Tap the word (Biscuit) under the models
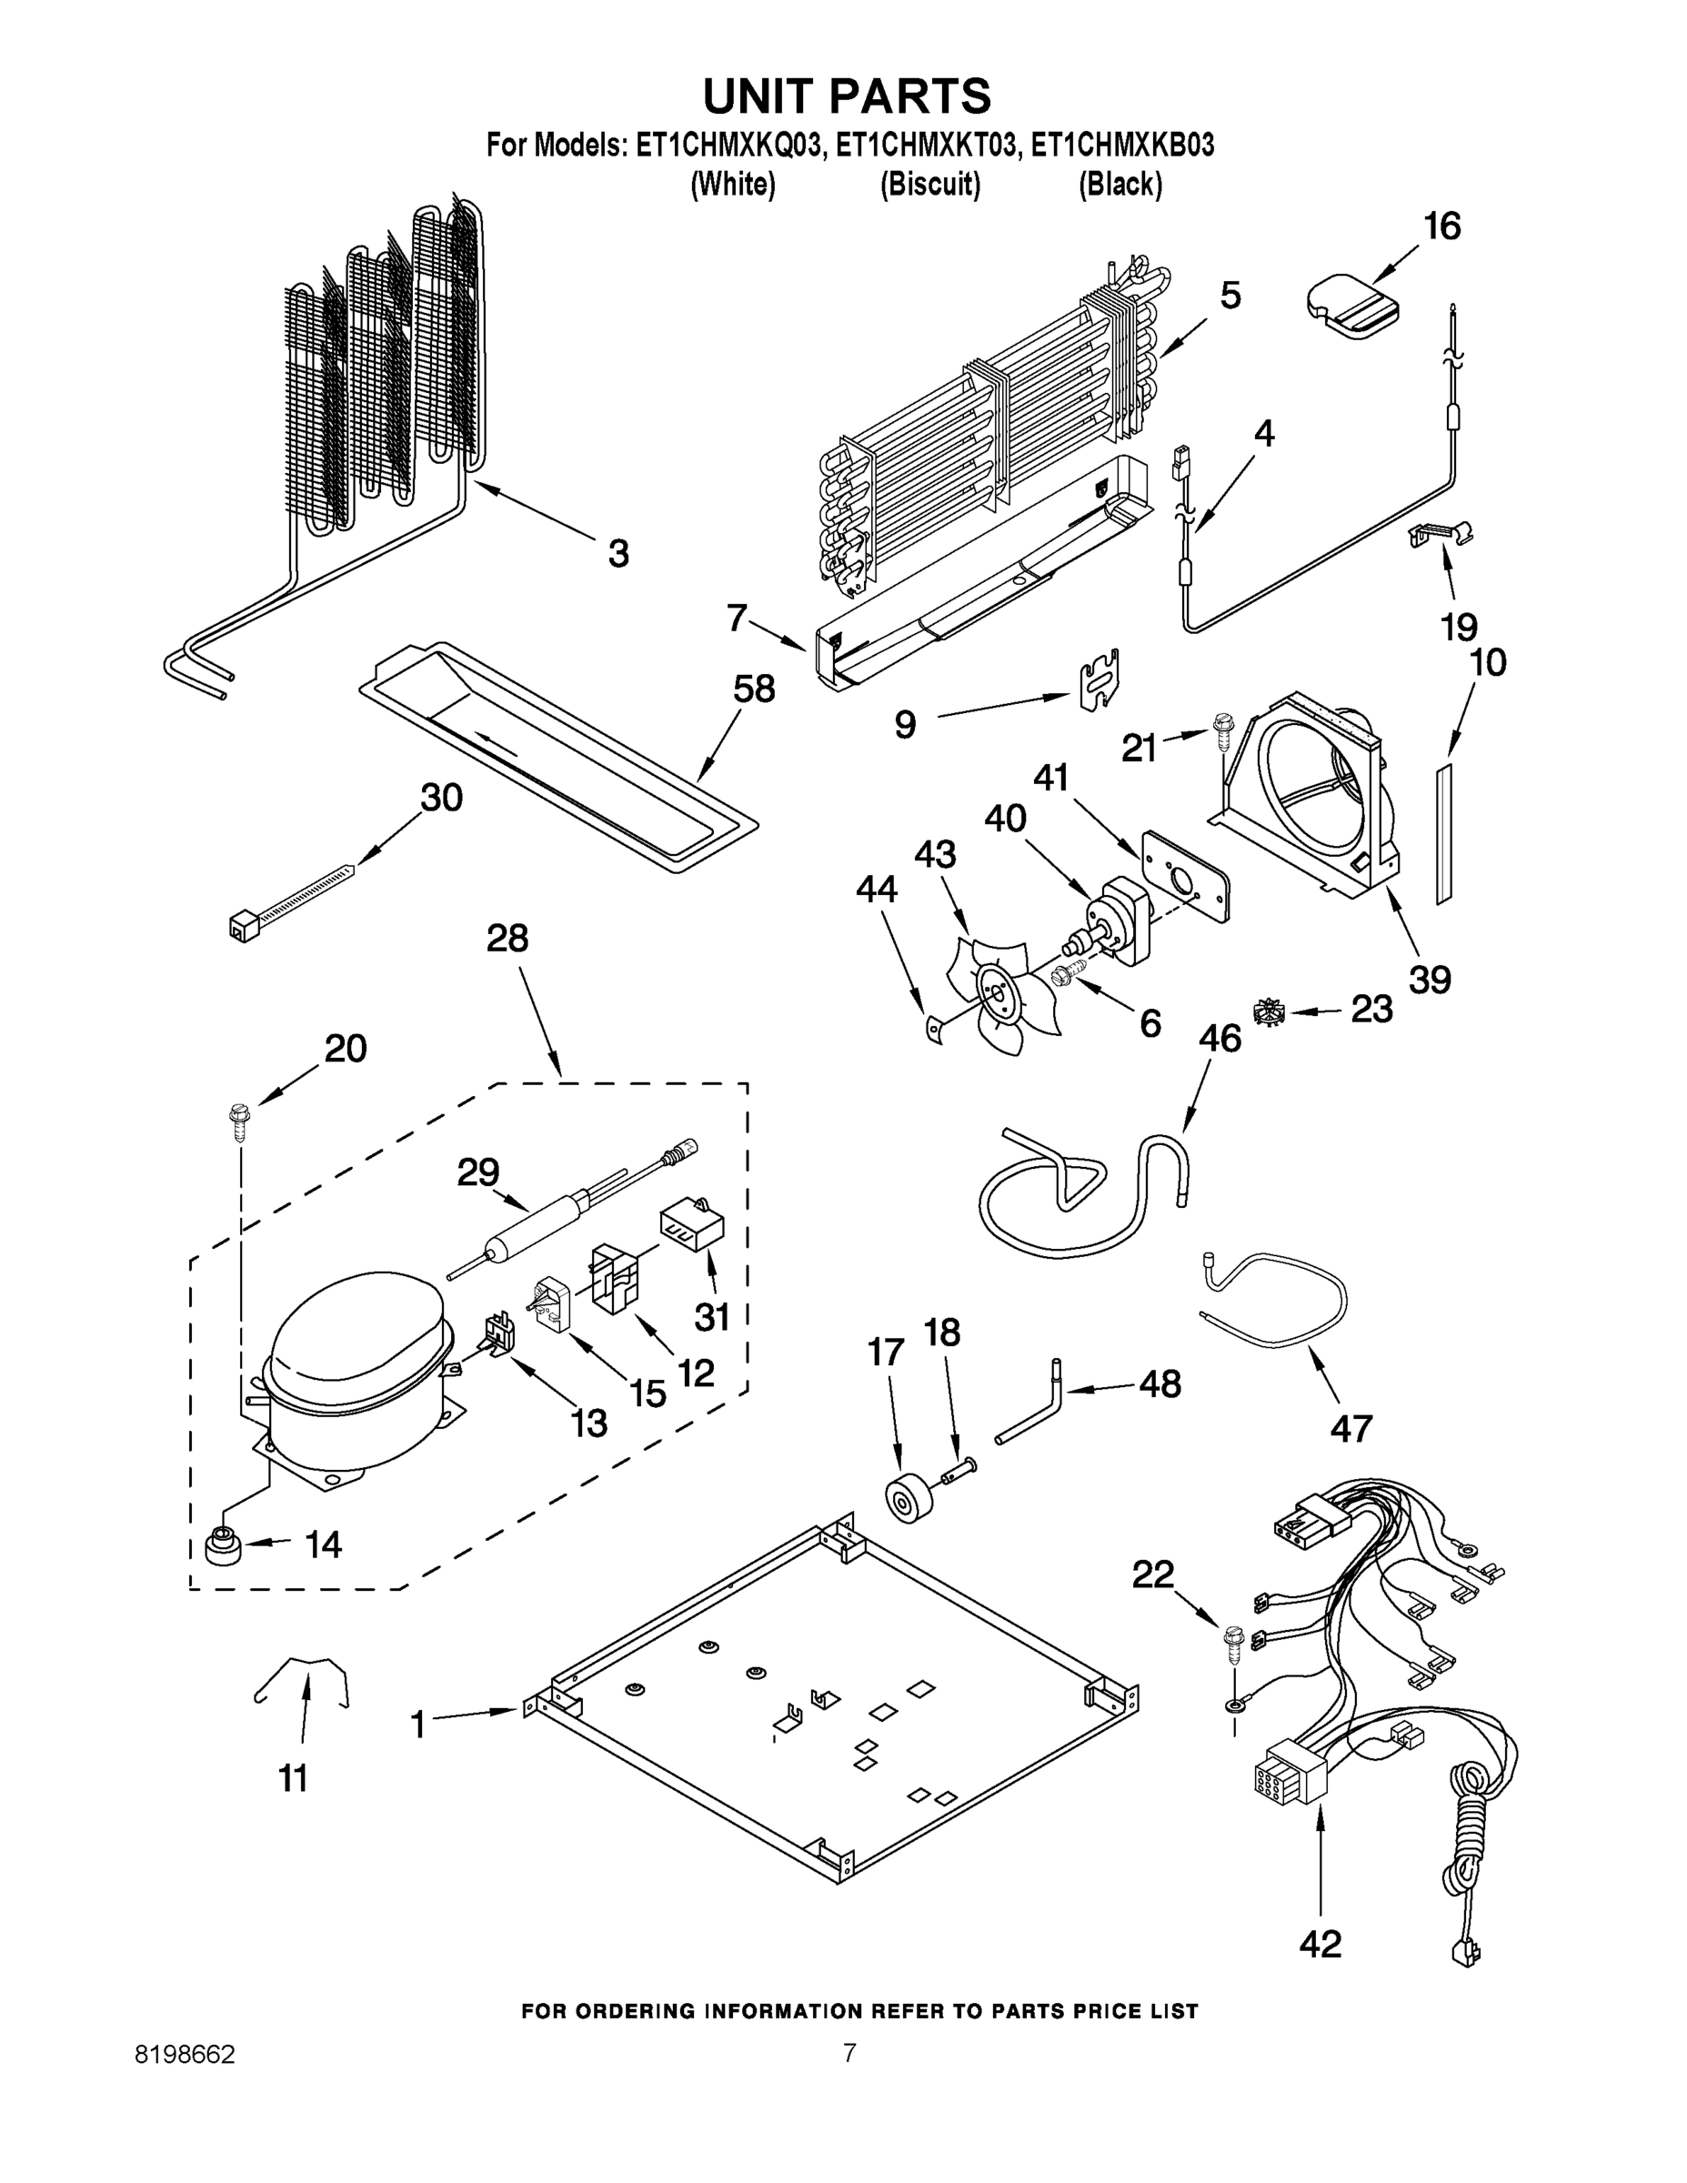pyautogui.click(x=929, y=185)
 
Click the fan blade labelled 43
pyautogui.click(x=994, y=991)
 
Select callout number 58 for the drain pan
pyautogui.click(x=754, y=689)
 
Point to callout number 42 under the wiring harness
pyautogui.click(x=1320, y=1944)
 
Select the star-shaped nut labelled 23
pyautogui.click(x=1273, y=1013)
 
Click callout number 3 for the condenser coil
pyautogui.click(x=618, y=553)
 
